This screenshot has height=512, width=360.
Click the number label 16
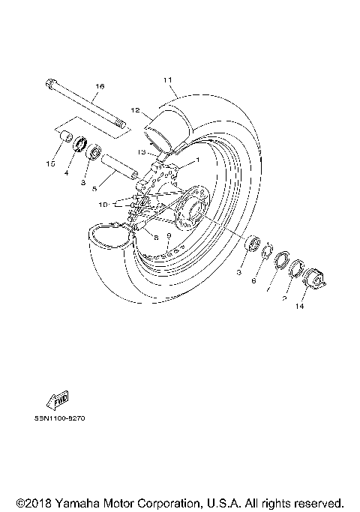[97, 87]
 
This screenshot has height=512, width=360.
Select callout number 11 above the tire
[167, 79]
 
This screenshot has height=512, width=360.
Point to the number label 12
[136, 110]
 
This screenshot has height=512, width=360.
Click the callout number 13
[141, 151]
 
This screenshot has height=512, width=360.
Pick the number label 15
[51, 163]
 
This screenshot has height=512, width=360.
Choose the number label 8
[156, 238]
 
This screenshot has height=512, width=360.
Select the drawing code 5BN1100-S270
[60, 419]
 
